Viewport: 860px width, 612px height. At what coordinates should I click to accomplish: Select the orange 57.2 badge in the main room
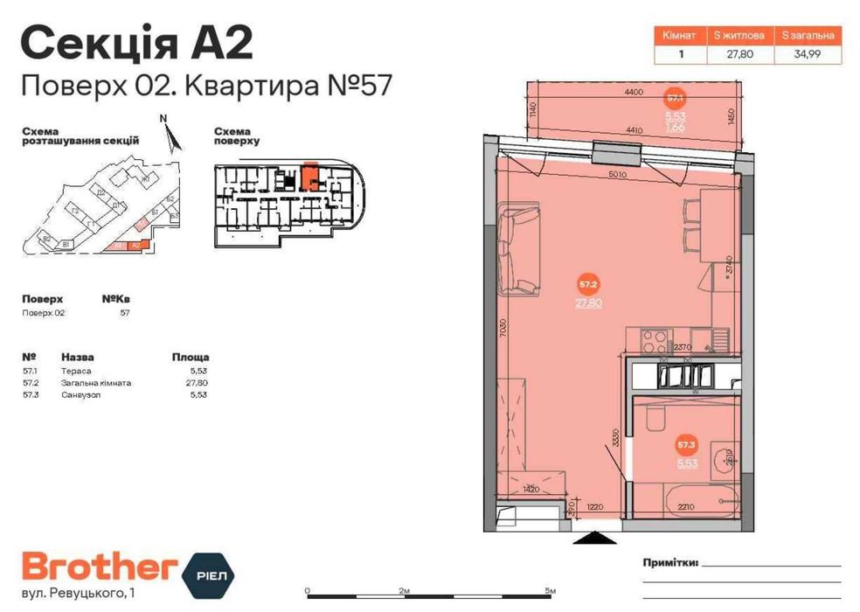pos(588,284)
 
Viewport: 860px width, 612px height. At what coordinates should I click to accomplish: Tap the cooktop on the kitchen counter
pos(654,337)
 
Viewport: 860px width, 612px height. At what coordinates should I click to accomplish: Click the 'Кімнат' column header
pos(679,36)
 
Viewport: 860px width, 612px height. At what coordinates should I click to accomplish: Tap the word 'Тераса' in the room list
pos(76,372)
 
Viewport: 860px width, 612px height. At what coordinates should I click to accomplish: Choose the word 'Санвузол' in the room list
pos(81,396)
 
